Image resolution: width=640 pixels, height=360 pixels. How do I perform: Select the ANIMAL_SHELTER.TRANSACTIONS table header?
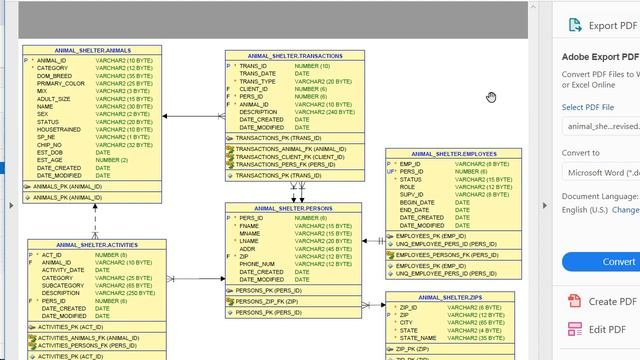pyautogui.click(x=295, y=56)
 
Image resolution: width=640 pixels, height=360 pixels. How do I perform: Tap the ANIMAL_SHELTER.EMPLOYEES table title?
pyautogui.click(x=453, y=154)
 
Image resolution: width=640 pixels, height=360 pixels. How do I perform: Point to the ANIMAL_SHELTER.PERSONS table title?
pyautogui.click(x=293, y=208)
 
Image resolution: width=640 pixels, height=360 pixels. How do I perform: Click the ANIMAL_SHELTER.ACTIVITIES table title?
pyautogui.click(x=97, y=245)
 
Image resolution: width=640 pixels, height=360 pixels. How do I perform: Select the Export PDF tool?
pyautogui.click(x=615, y=26)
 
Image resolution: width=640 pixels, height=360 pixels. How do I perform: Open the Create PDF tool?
pyautogui.click(x=612, y=301)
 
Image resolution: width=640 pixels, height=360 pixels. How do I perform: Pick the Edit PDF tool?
pyautogui.click(x=607, y=330)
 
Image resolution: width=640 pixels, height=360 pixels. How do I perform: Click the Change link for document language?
pyautogui.click(x=625, y=210)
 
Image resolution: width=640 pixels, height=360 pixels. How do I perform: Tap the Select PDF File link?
pyautogui.click(x=587, y=107)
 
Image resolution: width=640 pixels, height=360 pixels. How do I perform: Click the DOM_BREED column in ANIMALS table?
pyautogui.click(x=54, y=76)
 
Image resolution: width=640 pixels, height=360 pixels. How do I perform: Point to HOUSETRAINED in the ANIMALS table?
pyautogui.click(x=59, y=130)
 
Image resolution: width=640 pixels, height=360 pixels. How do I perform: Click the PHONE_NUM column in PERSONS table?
pyautogui.click(x=256, y=264)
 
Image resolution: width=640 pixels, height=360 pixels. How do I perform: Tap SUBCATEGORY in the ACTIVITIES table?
pyautogui.click(x=65, y=286)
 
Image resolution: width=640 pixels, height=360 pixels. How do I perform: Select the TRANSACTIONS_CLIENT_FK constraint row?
pyautogui.click(x=289, y=157)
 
